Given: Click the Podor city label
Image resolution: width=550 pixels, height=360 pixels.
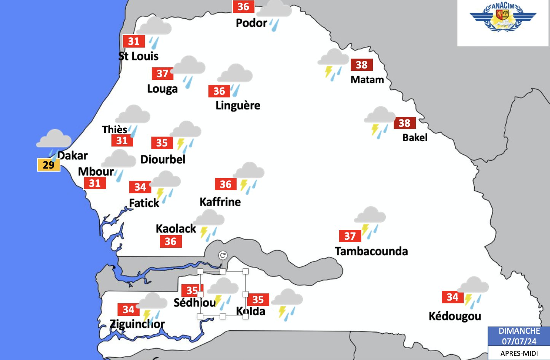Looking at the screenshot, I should [251, 23].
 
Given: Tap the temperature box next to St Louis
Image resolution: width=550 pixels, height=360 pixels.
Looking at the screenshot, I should [134, 41].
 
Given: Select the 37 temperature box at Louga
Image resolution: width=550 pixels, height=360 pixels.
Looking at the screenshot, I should [162, 73].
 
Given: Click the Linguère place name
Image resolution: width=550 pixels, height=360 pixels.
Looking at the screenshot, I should [238, 105].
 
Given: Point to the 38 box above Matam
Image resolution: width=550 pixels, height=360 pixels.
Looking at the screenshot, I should [361, 65].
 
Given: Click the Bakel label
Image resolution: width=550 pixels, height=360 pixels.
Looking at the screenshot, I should [415, 137].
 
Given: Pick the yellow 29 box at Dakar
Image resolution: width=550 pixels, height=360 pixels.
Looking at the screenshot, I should [49, 165].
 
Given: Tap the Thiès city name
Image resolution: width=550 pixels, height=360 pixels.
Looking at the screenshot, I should [114, 129].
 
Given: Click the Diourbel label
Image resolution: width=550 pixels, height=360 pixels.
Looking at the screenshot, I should [163, 159].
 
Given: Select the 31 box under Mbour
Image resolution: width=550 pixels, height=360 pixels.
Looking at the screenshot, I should [95, 183].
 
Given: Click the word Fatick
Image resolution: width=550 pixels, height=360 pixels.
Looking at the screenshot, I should [144, 203].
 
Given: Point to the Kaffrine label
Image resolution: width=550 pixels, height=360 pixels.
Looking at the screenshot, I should [220, 202].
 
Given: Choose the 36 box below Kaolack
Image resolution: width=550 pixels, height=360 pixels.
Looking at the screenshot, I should [170, 241].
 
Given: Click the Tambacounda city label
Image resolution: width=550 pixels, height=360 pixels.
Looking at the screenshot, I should [371, 251].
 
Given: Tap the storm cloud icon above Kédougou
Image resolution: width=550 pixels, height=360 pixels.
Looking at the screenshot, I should [473, 292].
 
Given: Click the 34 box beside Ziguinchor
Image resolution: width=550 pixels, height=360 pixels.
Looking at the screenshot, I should [129, 309].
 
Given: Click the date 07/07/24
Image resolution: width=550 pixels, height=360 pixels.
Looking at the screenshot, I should [519, 341].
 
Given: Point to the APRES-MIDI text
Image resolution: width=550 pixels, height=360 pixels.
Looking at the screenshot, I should [519, 353].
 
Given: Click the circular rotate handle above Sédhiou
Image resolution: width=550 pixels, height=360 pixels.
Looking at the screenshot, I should [223, 255].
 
